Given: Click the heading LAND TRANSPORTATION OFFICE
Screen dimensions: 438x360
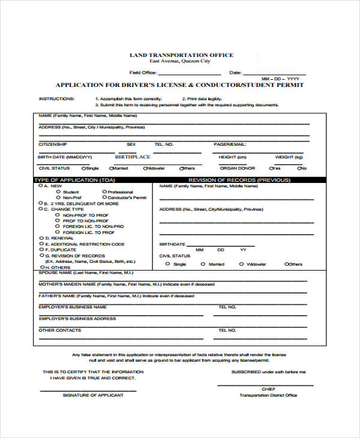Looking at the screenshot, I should [x=181, y=55].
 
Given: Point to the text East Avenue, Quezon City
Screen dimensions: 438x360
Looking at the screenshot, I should [x=181, y=61].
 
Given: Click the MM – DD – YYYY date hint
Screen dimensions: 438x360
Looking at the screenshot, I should [x=280, y=79].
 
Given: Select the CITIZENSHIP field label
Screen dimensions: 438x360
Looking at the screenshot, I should [x=53, y=145].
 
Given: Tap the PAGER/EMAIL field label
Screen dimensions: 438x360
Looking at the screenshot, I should [x=230, y=145].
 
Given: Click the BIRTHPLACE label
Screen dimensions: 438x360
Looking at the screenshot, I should [x=133, y=157].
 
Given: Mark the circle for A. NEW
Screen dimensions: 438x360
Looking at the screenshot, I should [x=41, y=186].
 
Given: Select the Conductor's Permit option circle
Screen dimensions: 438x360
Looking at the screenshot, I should [x=104, y=197].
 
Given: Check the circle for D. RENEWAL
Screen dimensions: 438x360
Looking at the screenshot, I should [x=41, y=238].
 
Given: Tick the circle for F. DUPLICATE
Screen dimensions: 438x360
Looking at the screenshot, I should [x=41, y=250].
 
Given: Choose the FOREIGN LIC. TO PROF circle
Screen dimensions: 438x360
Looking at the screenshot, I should [x=58, y=232].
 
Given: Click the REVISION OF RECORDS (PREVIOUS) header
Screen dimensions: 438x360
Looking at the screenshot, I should [x=239, y=180].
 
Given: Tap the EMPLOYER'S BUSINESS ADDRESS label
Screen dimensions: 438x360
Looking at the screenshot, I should [x=77, y=319].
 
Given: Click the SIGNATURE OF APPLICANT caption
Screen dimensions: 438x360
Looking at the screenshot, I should [x=93, y=395].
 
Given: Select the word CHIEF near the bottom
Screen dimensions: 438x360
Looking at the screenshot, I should [x=268, y=389].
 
